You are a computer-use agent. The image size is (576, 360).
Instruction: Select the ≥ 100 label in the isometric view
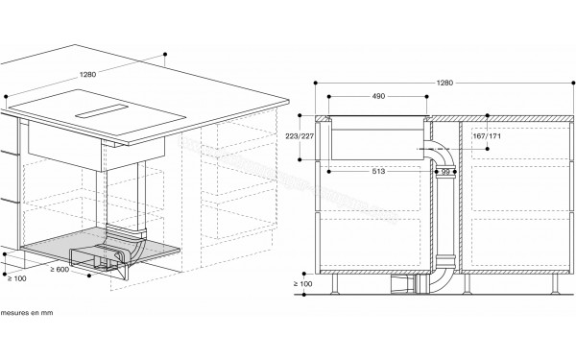pos(17,278)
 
